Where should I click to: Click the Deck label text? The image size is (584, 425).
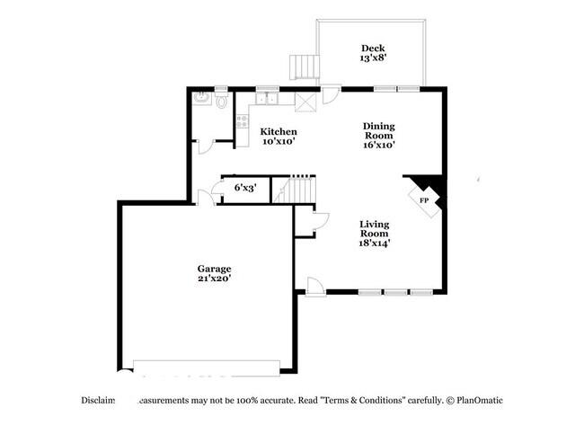[x=372, y=49]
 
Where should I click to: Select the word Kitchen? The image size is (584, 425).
[x=279, y=132]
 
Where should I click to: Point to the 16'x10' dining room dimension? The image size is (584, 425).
[x=378, y=144]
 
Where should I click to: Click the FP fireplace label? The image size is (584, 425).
[x=423, y=199]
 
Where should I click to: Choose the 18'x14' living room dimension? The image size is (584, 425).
[x=374, y=241]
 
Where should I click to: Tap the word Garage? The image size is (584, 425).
[x=215, y=269]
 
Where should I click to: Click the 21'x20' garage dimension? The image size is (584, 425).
[x=215, y=279]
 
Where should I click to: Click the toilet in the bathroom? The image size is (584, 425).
[x=221, y=101]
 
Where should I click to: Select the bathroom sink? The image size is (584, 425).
[x=201, y=97]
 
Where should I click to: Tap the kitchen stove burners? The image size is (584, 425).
[x=241, y=120]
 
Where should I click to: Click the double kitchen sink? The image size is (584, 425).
[x=268, y=98]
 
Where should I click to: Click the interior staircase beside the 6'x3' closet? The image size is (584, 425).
[x=297, y=190]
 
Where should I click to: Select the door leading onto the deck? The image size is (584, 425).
[x=332, y=93]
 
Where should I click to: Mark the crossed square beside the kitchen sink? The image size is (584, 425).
[x=306, y=101]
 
